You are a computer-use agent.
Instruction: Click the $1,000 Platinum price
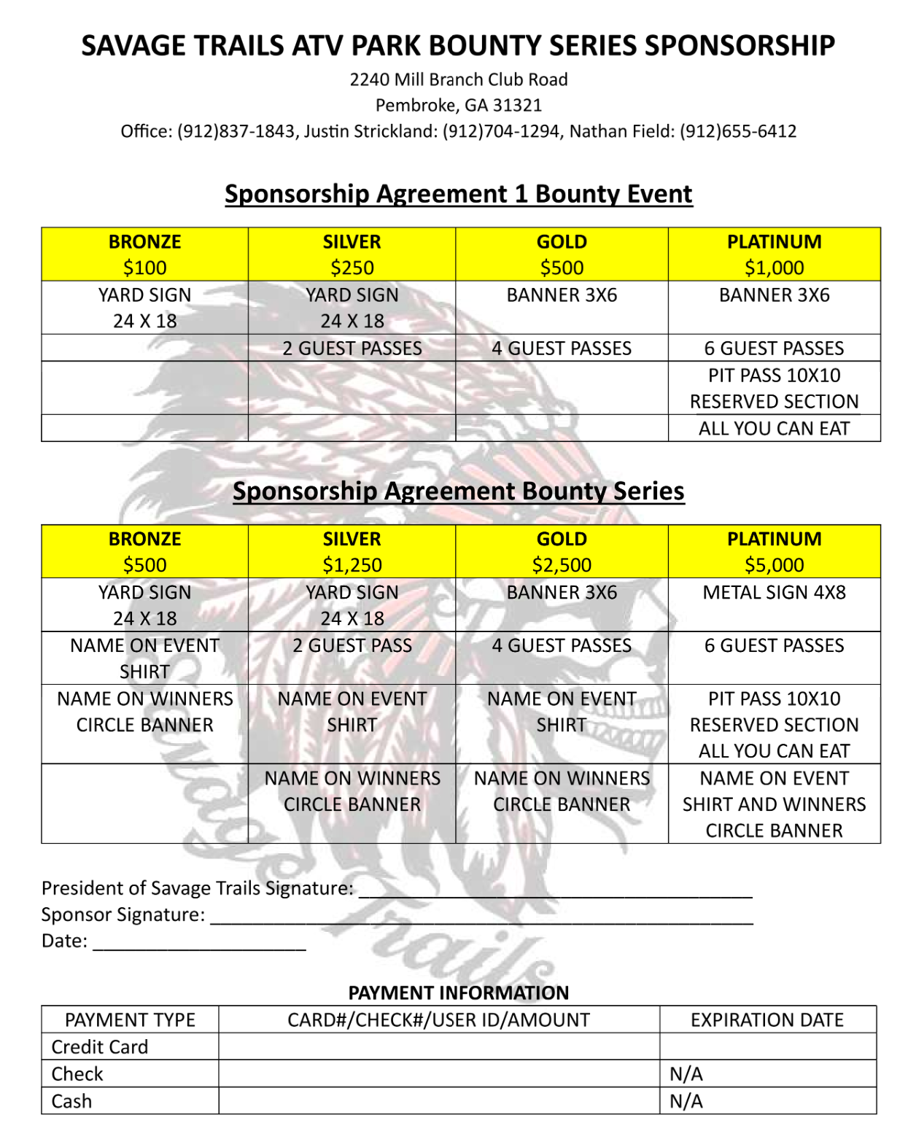pos(774,268)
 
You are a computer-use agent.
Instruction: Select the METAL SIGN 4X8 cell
pos(774,592)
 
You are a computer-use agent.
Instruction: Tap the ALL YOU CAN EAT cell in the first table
pos(774,428)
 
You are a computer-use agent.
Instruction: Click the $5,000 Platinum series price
pos(774,565)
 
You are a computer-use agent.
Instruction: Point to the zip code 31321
pos(517,105)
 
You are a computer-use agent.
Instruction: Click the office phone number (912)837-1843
pos(236,131)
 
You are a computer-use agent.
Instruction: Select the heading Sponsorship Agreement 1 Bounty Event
pos(458,194)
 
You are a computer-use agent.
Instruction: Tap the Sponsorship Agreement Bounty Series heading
pos(458,491)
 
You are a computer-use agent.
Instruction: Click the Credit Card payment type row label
pos(100,1047)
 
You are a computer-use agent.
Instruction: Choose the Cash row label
pos(71,1101)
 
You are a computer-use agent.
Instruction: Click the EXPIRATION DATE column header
pos(767,1019)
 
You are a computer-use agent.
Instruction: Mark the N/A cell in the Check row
pos(686,1074)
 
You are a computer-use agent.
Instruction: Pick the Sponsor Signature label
pos(123,914)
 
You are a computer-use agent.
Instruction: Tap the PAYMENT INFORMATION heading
pos(458,992)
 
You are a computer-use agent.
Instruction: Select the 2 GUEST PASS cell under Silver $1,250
pos(352,645)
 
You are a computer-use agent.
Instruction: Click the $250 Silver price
pos(352,268)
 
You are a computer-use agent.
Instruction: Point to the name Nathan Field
pos(621,131)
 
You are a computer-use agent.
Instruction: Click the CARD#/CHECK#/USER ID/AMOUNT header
pos(438,1019)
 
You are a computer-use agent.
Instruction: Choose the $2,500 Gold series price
pos(562,565)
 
